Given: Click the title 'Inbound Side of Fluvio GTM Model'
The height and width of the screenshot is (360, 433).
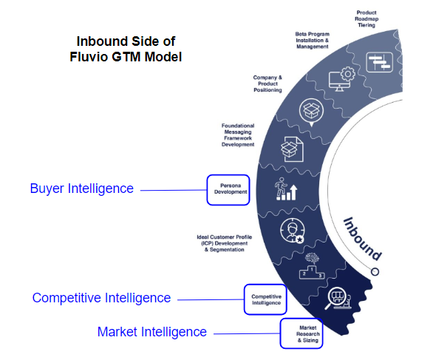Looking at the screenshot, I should pos(129,47).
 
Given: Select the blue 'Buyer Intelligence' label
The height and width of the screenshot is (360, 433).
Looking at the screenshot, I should pos(81,189).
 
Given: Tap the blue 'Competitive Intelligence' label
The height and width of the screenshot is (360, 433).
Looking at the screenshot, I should pos(101,298).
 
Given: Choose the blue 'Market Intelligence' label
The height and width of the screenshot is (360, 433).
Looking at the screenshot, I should pos(151,332).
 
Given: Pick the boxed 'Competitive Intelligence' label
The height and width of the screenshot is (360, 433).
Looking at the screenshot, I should pos(265,299).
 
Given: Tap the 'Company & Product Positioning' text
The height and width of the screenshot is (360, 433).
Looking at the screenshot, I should pos(267,84).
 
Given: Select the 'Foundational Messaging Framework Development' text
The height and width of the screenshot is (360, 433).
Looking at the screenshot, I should pos(237,135).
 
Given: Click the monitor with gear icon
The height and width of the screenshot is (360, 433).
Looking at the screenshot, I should pos(344,78).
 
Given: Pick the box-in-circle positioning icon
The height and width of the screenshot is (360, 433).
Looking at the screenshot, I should pos(310,112).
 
